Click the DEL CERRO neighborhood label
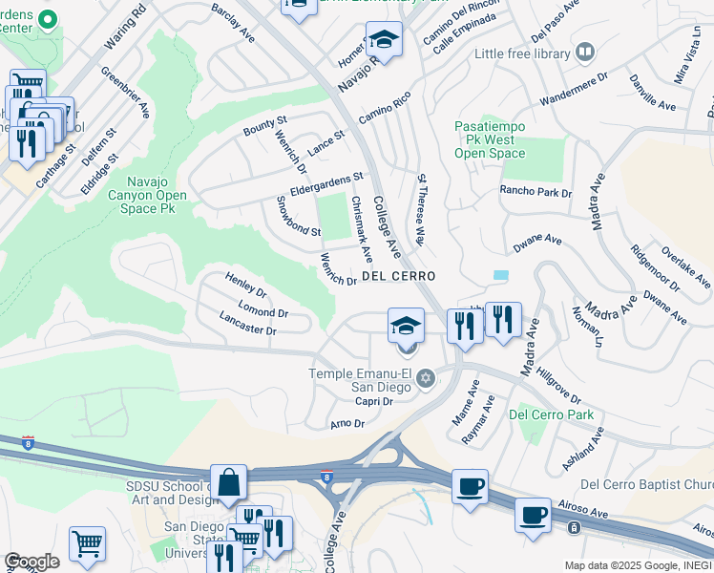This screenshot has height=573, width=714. click(x=398, y=276)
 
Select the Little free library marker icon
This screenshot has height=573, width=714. click(x=585, y=53)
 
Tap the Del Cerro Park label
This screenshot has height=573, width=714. click(x=551, y=414)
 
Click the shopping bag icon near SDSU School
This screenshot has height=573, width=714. click(x=230, y=483)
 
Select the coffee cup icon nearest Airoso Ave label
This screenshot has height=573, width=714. click(x=532, y=516)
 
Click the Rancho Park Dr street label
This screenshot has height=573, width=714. click(x=535, y=192)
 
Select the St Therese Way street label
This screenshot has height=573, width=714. click(x=420, y=209)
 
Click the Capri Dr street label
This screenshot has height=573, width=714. click(x=373, y=401)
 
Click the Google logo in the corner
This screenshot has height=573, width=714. click(x=31, y=562)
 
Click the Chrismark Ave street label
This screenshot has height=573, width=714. click(x=361, y=230)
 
